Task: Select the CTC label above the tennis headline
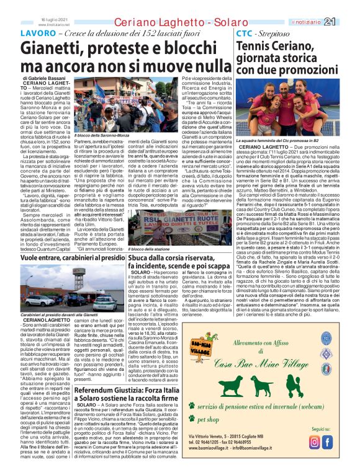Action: tap(245, 32)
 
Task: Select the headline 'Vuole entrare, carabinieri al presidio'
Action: tap(71, 257)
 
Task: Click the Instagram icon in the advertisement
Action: tap(315, 442)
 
